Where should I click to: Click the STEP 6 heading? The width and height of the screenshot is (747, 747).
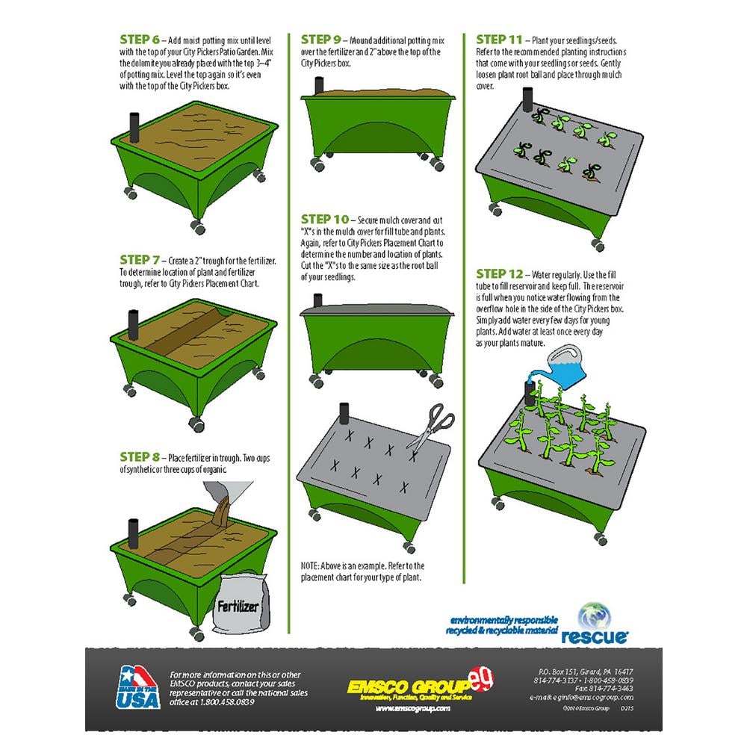(140, 39)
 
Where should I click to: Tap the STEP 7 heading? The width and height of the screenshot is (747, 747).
(140, 260)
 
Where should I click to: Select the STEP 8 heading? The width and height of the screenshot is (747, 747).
(140, 456)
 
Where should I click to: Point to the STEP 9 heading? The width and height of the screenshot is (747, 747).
(321, 39)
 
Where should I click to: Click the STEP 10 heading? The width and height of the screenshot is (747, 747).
(325, 220)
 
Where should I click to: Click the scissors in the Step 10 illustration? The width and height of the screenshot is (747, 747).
(431, 427)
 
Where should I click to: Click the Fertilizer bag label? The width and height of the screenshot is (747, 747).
(238, 606)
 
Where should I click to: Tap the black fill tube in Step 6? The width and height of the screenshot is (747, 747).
(135, 128)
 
